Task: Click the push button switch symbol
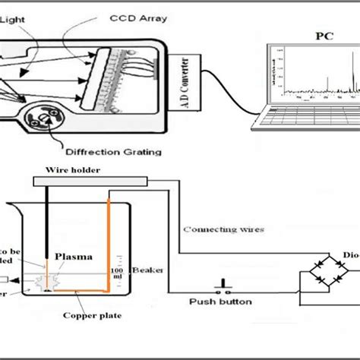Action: (x=223, y=288)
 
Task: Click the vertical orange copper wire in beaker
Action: (x=108, y=243)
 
